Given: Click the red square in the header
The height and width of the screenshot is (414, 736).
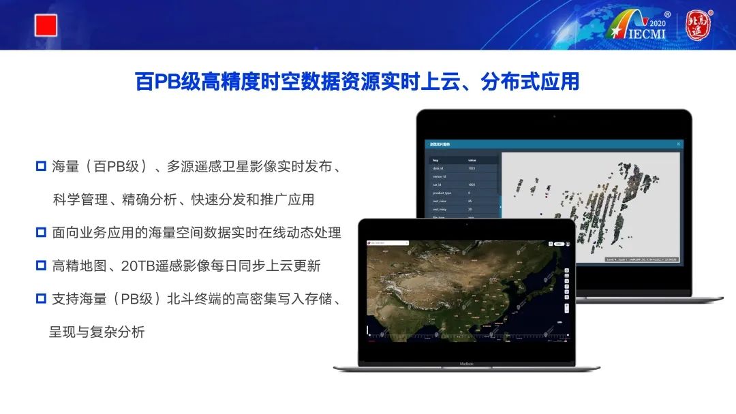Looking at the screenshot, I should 46,26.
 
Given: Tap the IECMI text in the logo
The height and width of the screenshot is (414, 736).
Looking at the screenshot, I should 647,35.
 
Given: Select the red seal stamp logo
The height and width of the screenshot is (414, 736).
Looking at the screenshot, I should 698,25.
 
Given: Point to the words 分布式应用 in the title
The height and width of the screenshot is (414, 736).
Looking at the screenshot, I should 530,82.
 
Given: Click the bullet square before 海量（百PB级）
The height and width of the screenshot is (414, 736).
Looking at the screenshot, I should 41,166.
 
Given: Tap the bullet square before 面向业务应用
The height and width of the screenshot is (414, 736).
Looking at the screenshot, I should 41,233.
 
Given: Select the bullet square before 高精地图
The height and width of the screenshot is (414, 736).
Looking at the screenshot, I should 41,266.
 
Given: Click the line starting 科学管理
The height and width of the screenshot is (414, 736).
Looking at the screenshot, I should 183,200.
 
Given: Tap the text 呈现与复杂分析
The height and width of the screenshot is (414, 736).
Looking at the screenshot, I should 97,333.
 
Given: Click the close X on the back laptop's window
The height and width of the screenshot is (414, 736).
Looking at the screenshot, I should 678,144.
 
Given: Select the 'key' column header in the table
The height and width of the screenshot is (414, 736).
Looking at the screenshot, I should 436,161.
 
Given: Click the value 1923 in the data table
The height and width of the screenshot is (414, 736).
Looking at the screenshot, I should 472,168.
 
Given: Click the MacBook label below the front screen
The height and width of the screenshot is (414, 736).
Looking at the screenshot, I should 466,364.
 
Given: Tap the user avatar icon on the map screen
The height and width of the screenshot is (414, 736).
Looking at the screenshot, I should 568,243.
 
